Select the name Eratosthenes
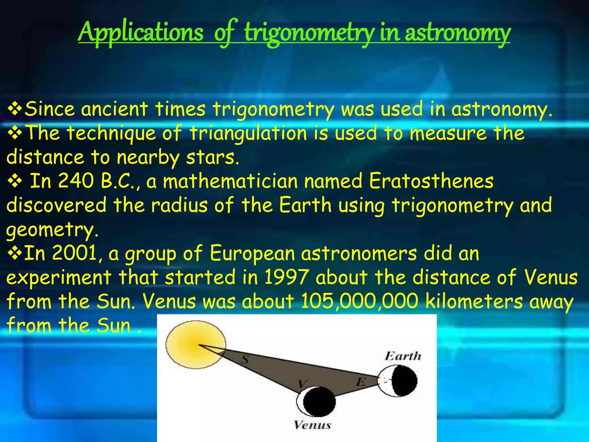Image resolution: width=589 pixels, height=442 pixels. click(x=431, y=181)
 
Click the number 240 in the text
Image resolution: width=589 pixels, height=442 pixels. click(x=76, y=181)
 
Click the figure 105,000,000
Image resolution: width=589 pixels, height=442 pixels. click(x=359, y=301)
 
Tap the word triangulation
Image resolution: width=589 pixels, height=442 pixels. click(x=248, y=133)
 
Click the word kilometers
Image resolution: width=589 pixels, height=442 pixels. click(x=474, y=301)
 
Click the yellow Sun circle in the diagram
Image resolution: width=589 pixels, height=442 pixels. click(x=196, y=344)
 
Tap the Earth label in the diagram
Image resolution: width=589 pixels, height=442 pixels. click(x=403, y=356)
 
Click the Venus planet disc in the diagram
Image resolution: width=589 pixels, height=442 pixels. click(x=316, y=402)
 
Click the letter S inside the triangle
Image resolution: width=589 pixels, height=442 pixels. click(x=244, y=359)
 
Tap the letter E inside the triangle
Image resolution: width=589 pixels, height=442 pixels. click(x=360, y=382)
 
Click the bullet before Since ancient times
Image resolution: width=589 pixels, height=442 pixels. click(x=15, y=109)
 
